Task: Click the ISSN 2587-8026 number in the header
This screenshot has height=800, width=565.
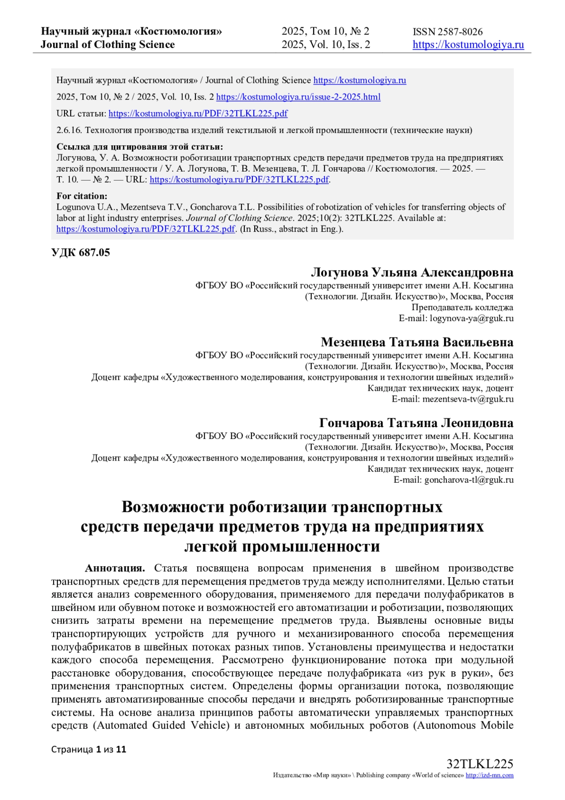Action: pyautogui.click(x=447, y=32)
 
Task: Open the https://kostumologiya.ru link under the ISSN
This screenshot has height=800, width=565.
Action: pyautogui.click(x=468, y=45)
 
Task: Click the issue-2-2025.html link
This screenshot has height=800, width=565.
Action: pyautogui.click(x=298, y=97)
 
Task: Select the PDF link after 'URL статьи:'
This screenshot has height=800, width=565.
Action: pyautogui.click(x=198, y=114)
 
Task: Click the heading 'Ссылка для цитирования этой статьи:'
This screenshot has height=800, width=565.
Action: pyautogui.click(x=140, y=147)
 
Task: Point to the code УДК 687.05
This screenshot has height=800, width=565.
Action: pyautogui.click(x=81, y=253)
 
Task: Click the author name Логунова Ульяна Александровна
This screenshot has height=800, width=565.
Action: pyautogui.click(x=412, y=273)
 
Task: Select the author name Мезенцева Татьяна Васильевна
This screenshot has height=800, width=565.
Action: pyautogui.click(x=417, y=342)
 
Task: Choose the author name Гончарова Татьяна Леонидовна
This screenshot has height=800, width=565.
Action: pyautogui.click(x=416, y=423)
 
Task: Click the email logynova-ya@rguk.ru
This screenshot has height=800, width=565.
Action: pyautogui.click(x=471, y=318)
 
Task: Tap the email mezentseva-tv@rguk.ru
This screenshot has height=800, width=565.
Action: pyautogui.click(x=468, y=399)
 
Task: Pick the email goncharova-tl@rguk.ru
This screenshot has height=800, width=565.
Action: pyautogui.click(x=468, y=480)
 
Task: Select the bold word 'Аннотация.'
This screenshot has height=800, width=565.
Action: pyautogui.click(x=115, y=568)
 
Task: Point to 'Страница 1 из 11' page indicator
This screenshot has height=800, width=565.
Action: pyautogui.click(x=89, y=750)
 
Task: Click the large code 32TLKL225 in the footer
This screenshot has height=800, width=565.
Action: pyautogui.click(x=479, y=764)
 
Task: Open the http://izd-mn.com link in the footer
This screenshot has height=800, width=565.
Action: pyautogui.click(x=489, y=775)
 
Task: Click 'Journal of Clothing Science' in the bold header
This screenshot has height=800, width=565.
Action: pyautogui.click(x=107, y=45)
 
